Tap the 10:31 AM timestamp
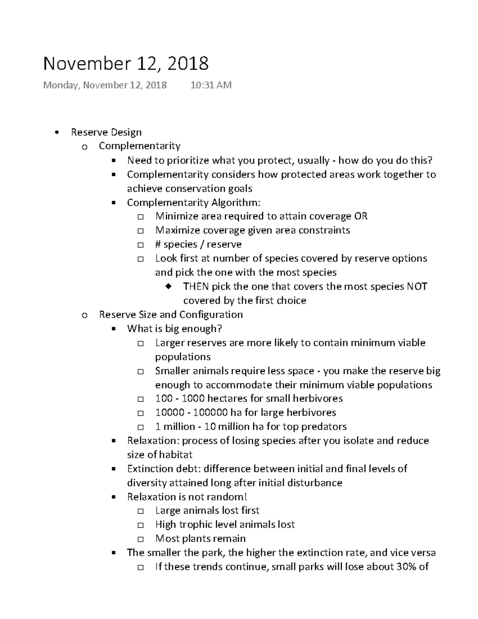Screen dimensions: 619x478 coord(211,85)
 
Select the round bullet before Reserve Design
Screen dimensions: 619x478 coord(58,133)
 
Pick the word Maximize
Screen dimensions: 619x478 coord(178,230)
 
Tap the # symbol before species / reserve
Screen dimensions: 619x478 coord(158,244)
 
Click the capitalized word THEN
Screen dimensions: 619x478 coord(196,287)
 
